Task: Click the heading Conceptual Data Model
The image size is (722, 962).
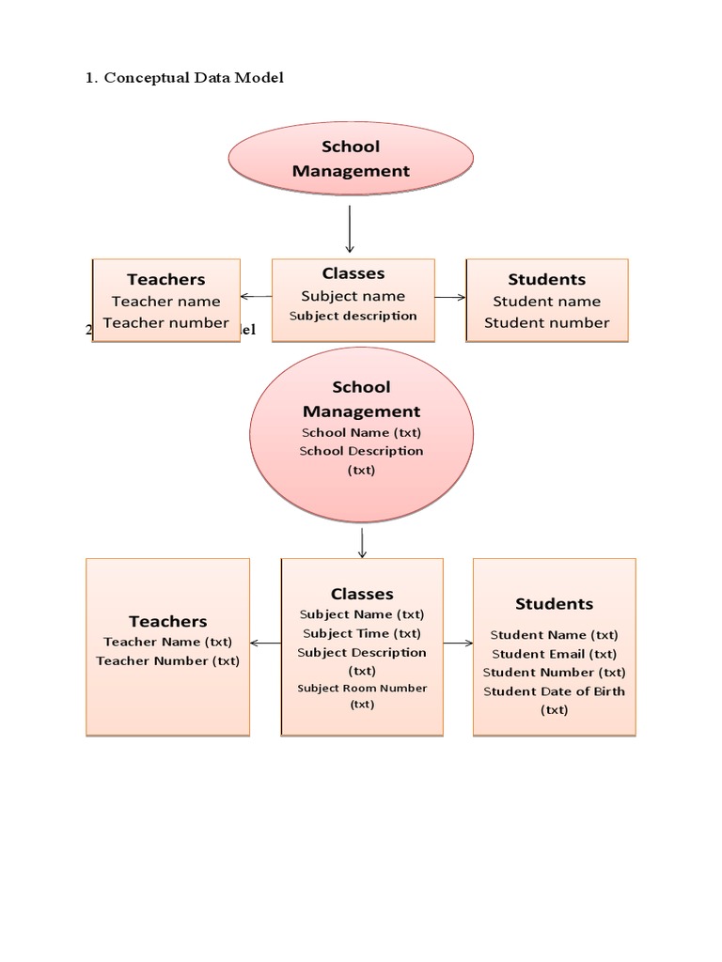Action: click(x=193, y=78)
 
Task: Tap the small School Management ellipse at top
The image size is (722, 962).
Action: click(x=351, y=159)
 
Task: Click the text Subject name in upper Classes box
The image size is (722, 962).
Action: click(x=353, y=296)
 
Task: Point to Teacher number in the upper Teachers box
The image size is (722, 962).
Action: click(x=166, y=322)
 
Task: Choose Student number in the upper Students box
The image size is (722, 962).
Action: click(x=546, y=322)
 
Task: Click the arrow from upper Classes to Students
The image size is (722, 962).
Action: click(x=450, y=297)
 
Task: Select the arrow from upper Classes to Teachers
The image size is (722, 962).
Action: click(x=256, y=297)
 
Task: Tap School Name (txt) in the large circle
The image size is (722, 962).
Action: click(x=361, y=432)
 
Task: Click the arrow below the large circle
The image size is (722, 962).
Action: click(x=362, y=542)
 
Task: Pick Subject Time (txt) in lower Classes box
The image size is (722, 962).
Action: click(x=362, y=633)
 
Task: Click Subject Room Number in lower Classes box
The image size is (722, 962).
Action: click(x=362, y=688)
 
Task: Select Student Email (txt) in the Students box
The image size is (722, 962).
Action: click(x=554, y=654)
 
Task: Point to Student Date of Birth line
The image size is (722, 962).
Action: click(x=554, y=691)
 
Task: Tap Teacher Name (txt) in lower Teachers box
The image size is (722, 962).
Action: click(x=167, y=642)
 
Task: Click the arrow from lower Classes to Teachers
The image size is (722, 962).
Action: click(x=266, y=644)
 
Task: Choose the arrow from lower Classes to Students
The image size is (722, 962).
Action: click(x=458, y=644)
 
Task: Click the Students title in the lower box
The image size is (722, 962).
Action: click(x=554, y=604)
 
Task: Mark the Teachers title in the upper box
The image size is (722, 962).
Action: click(x=166, y=279)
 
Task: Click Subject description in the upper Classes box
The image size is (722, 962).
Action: click(x=353, y=316)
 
